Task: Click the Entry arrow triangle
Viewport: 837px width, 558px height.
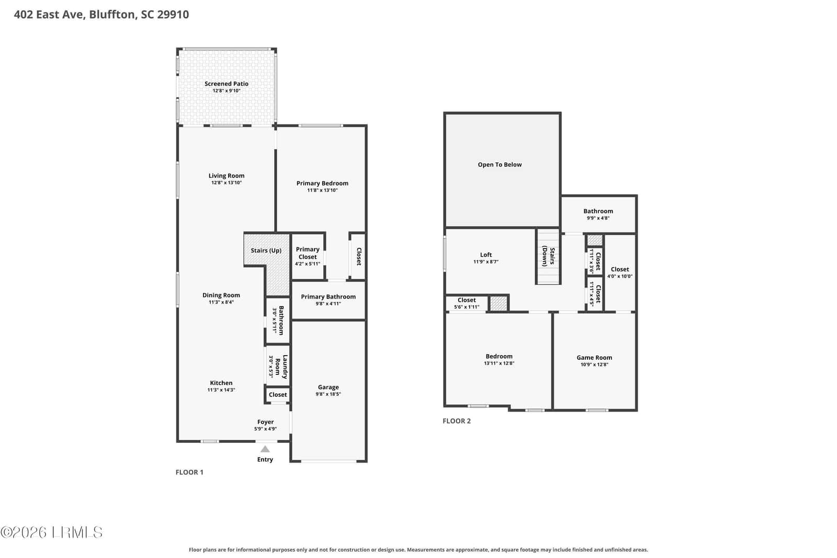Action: pos(265,449)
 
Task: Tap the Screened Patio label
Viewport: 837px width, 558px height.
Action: pos(227,84)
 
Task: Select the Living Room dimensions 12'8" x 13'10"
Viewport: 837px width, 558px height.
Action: pos(227,183)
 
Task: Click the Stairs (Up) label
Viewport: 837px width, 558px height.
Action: pos(266,250)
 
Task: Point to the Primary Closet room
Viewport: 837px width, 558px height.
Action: pos(308,257)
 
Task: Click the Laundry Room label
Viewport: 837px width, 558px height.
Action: pos(281,367)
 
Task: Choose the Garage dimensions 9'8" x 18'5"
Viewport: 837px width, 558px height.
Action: pos(328,394)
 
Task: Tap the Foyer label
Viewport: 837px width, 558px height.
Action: pos(265,422)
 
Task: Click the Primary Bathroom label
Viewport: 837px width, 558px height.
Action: pos(328,297)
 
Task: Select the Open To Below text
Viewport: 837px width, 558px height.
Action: pos(500,164)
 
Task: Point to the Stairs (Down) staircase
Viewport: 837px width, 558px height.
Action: pos(548,256)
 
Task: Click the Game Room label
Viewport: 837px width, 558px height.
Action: pos(594,357)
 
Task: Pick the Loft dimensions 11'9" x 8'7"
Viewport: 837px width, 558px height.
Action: pos(486,262)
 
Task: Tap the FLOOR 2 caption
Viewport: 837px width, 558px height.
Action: pos(457,421)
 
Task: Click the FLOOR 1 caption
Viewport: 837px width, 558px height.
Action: pos(189,472)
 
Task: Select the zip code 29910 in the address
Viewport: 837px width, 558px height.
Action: pos(173,14)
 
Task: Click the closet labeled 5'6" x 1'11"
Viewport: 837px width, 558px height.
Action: pos(467,303)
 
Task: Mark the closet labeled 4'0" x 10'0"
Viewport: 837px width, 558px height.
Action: pos(620,272)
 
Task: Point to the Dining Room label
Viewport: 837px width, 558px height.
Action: pos(221,295)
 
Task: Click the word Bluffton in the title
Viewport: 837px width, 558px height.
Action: pos(112,14)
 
